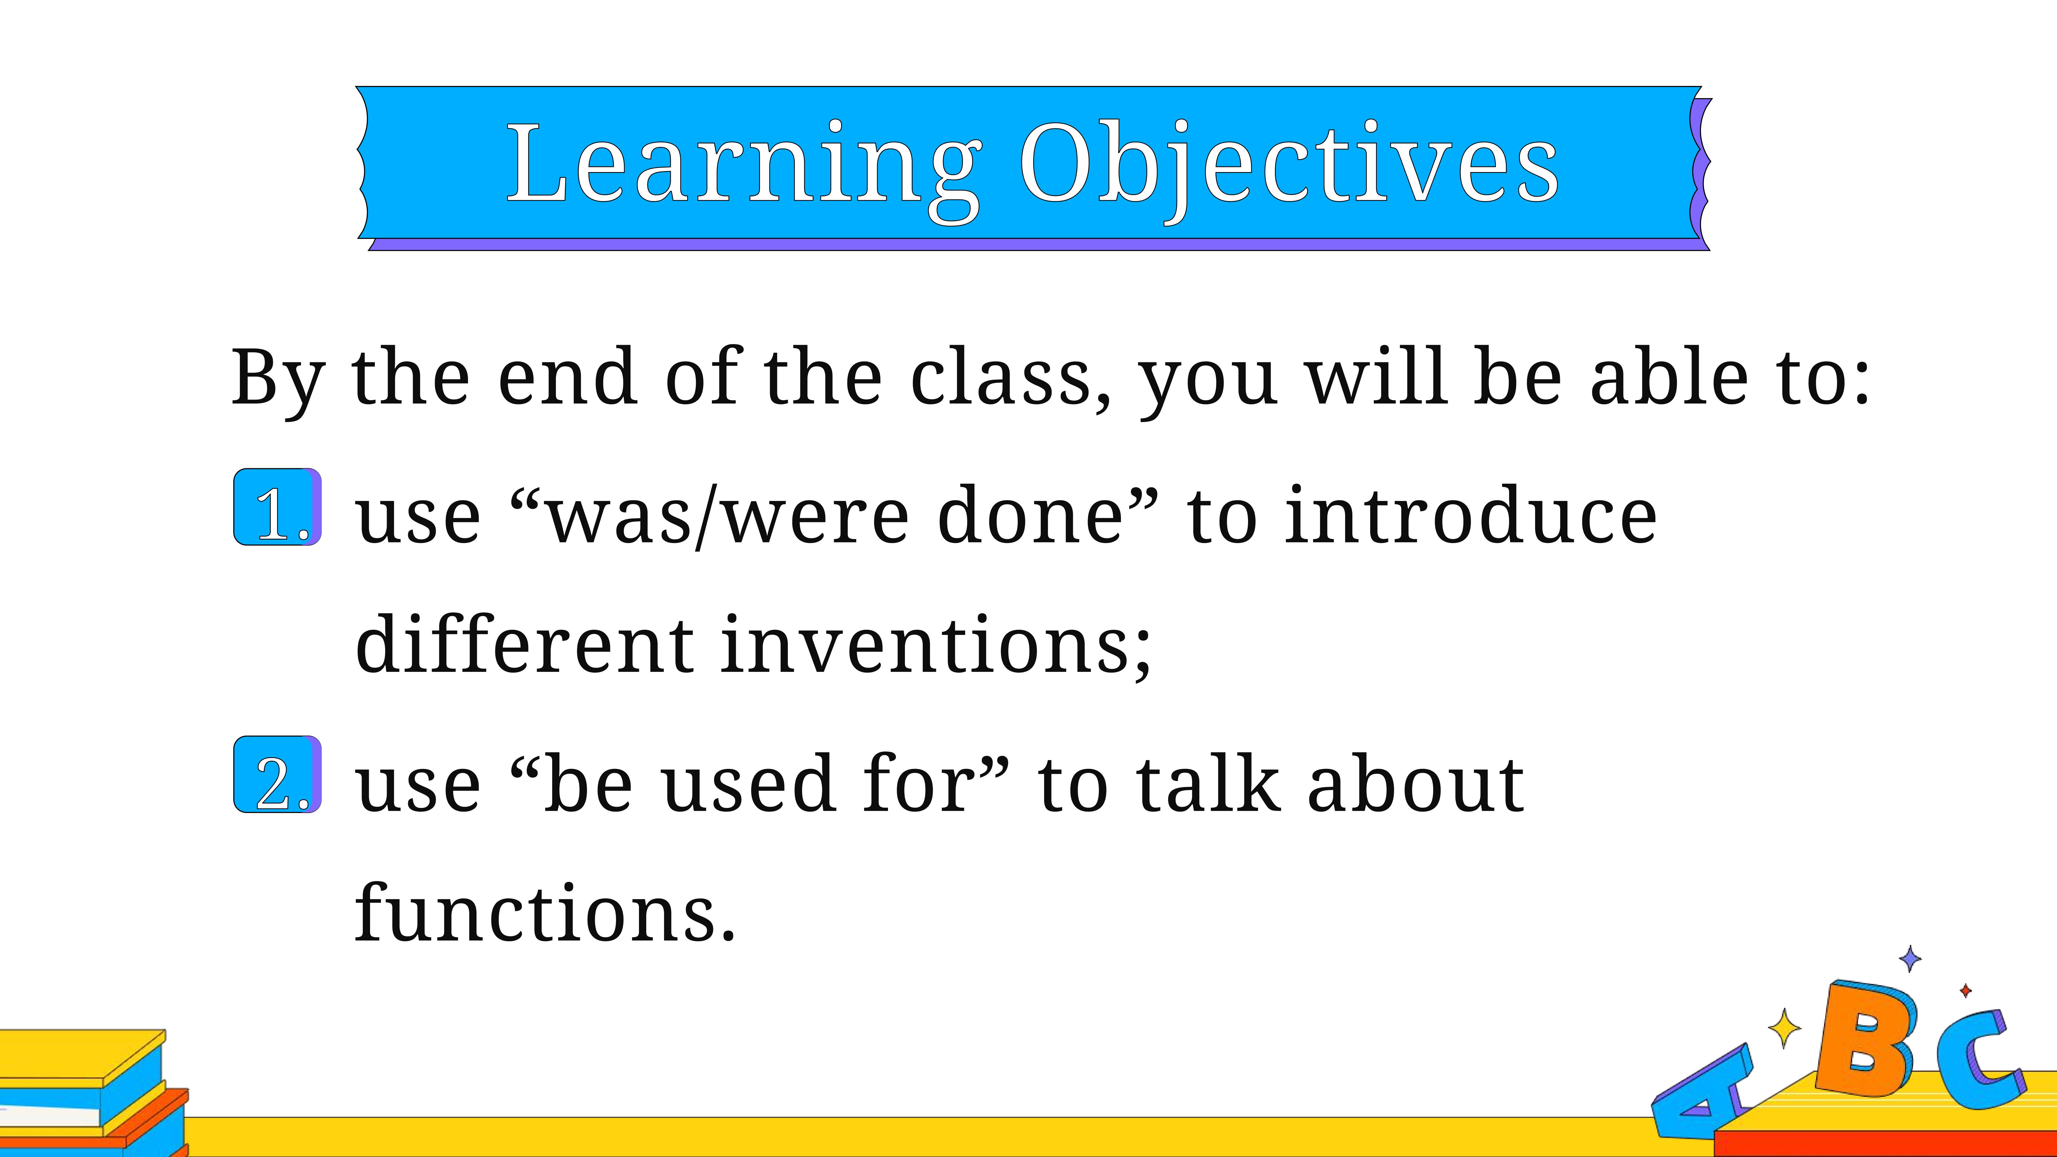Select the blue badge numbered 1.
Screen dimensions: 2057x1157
[277, 507]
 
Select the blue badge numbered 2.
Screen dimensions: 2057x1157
[277, 775]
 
